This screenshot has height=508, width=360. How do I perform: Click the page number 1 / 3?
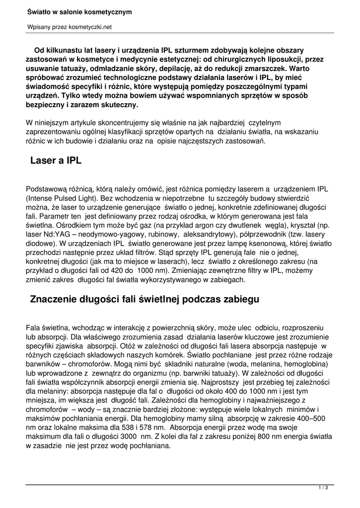coord(323,488)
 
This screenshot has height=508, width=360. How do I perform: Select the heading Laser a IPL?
coord(56,161)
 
